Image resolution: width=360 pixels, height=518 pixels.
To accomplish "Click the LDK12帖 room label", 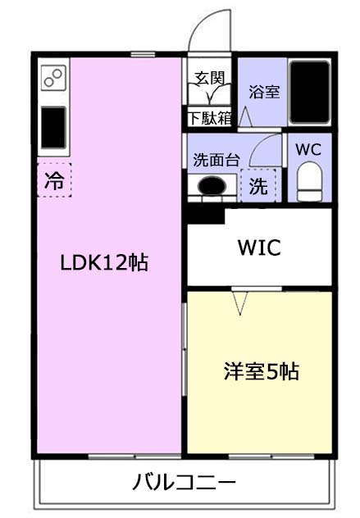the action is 104,262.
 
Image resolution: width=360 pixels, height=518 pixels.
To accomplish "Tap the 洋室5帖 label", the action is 261,371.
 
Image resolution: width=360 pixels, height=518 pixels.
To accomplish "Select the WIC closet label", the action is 259,248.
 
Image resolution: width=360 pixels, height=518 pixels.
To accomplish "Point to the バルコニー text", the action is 185,482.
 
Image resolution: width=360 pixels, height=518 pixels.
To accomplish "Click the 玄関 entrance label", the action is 210,78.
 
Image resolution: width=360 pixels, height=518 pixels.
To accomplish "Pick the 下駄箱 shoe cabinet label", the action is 210,118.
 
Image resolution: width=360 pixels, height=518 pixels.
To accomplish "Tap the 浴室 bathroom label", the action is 264,92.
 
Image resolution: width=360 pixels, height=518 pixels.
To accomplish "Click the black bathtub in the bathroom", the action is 310,92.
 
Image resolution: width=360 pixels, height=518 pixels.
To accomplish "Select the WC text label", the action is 308,150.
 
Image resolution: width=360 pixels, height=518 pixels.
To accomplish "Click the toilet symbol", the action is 309,182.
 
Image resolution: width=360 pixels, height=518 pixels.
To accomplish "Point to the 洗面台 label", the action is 216,160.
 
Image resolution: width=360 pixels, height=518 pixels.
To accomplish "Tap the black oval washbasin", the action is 212,186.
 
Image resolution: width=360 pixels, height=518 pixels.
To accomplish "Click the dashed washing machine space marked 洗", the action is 258,185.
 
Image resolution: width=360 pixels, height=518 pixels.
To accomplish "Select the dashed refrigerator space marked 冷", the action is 55,179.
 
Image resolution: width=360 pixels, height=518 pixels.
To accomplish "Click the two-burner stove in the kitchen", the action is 53,78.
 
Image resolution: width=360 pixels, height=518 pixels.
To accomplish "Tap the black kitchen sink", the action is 53,128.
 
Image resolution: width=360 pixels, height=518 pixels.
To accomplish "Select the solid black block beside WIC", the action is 205,216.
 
